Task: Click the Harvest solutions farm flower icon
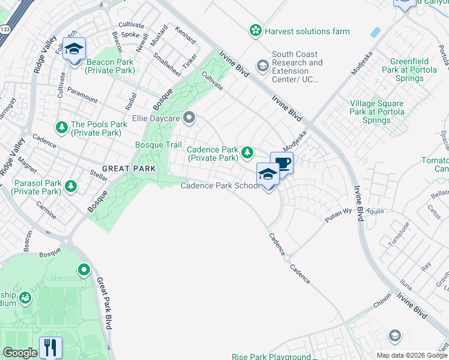[256, 30]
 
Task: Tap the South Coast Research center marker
[262, 65]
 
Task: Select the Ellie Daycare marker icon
[190, 117]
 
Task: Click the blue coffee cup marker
[282, 163]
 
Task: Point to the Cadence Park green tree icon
[247, 154]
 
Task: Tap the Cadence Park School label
[220, 186]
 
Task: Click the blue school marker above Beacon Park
[74, 49]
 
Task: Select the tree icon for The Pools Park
[61, 127]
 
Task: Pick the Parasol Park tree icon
[71, 186]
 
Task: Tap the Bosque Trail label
[158, 145]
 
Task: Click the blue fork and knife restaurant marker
[50, 348]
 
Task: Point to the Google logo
[20, 353]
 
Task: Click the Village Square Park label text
[377, 112]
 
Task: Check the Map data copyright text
[411, 355]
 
